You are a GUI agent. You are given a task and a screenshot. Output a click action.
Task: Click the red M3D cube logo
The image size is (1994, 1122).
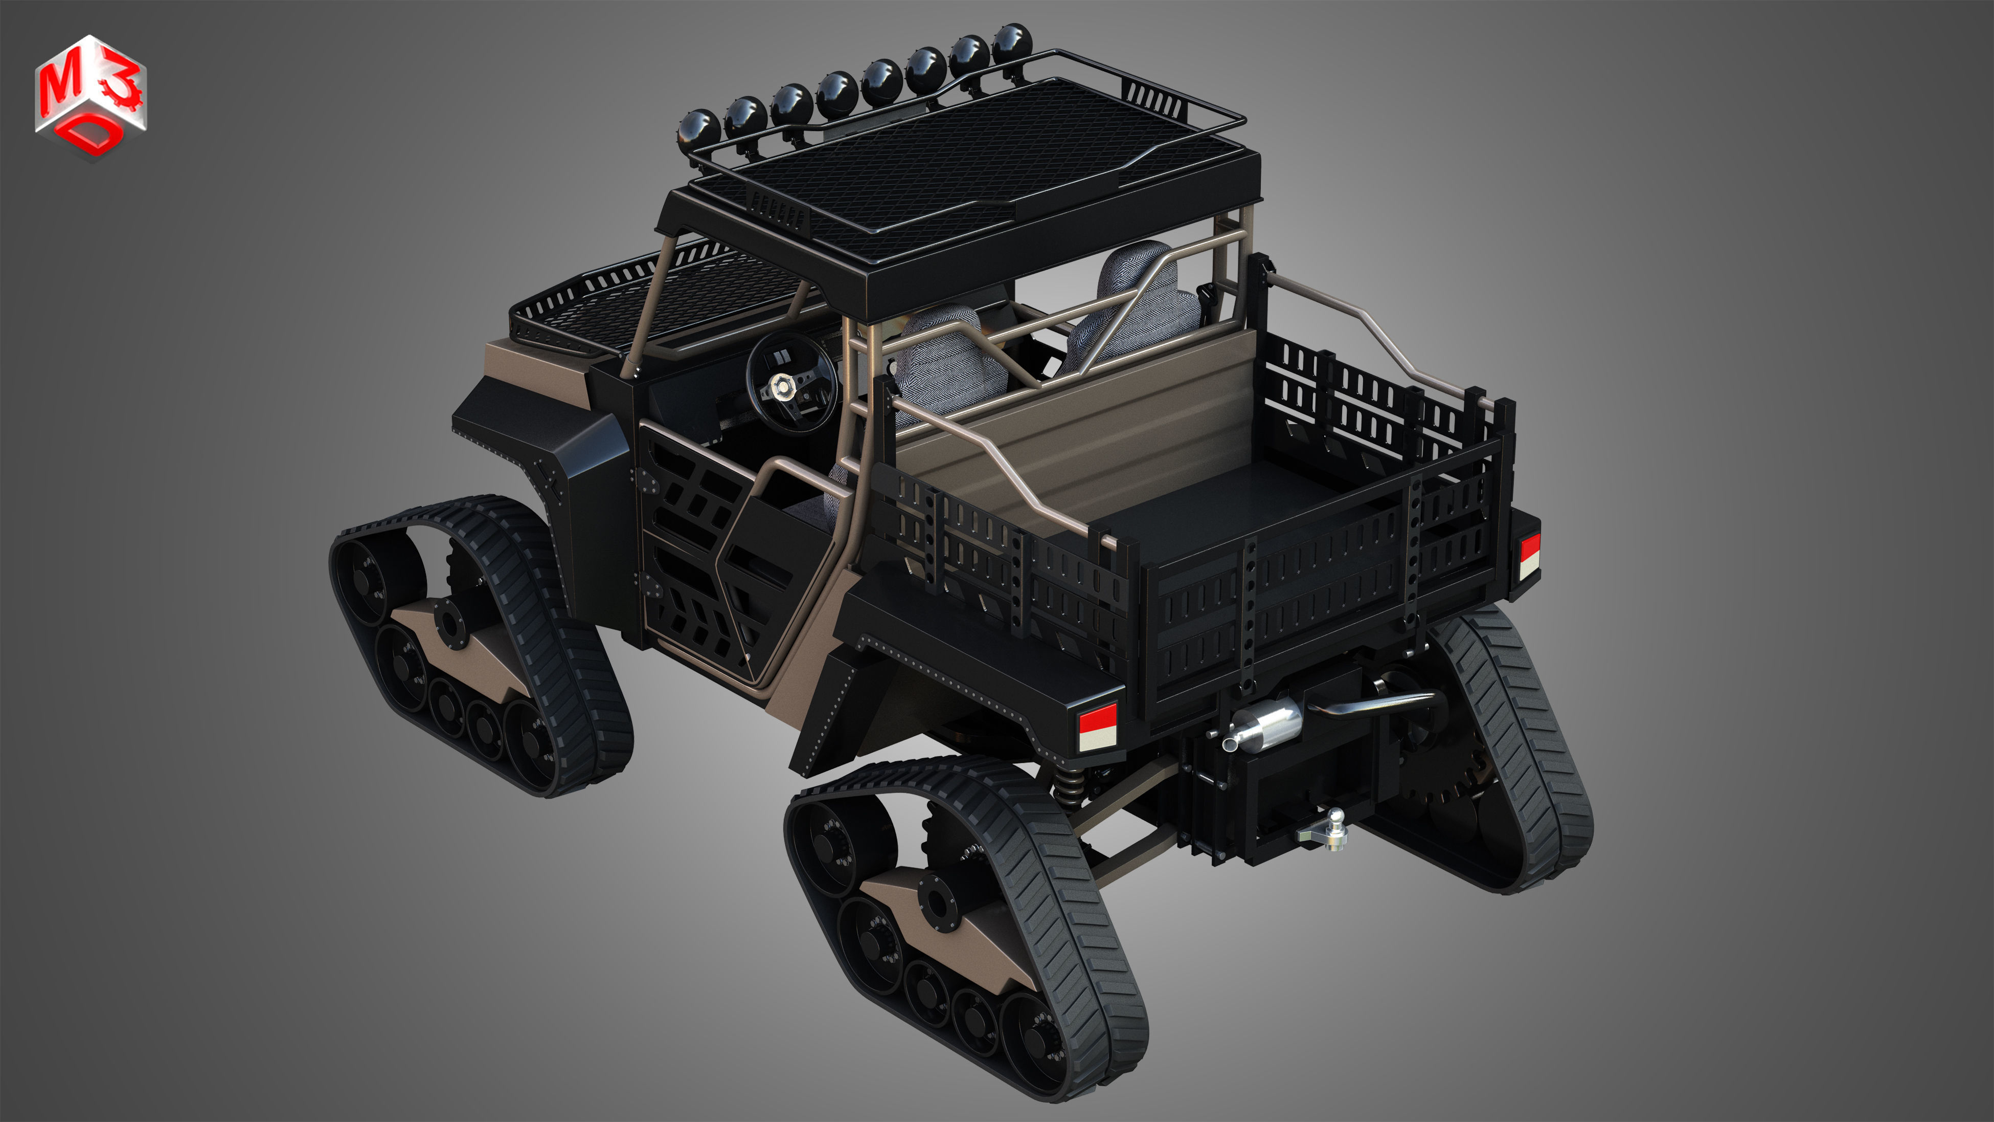90,96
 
